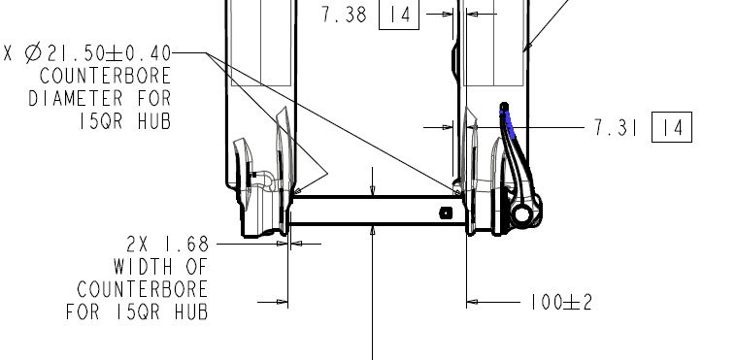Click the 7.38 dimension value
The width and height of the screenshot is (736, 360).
pos(344,15)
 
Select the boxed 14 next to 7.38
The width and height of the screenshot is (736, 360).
pos(399,15)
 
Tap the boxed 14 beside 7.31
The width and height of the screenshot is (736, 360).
pos(672,127)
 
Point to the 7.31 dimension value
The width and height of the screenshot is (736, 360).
pos(616,127)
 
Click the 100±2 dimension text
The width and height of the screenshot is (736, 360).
pos(561,303)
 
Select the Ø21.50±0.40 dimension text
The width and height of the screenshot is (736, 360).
pos(98,53)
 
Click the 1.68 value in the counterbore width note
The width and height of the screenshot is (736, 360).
pos(186,245)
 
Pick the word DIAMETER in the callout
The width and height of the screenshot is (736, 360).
pos(76,99)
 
